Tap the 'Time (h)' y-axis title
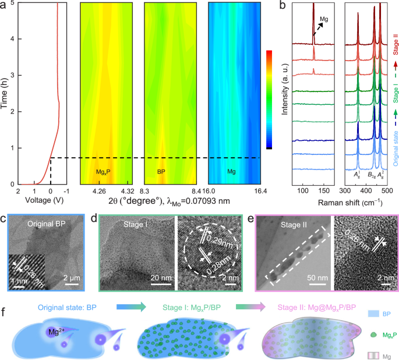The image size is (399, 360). tap(6, 93)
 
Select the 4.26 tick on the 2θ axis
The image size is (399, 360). tap(99, 191)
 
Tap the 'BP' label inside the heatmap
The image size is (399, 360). tap(162, 173)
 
